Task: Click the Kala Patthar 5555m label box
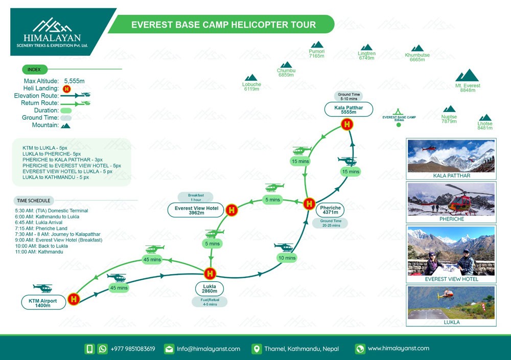pyautogui.click(x=349, y=109)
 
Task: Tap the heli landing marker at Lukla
pyautogui.click(x=210, y=274)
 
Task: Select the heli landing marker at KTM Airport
pyautogui.click(x=74, y=299)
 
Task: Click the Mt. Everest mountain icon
pyautogui.click(x=467, y=75)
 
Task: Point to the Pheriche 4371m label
pyautogui.click(x=330, y=210)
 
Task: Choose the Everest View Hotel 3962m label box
pyautogui.click(x=197, y=210)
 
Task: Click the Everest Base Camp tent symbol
pyautogui.click(x=398, y=112)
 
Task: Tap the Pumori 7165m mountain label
pyautogui.click(x=317, y=54)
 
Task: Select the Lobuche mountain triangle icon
pyautogui.click(x=251, y=78)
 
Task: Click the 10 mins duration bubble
pyautogui.click(x=287, y=258)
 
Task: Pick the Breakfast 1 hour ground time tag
pyautogui.click(x=196, y=197)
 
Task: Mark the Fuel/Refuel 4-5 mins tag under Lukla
pyautogui.click(x=210, y=302)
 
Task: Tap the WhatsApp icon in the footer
pyautogui.click(x=102, y=349)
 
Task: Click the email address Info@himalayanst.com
pyautogui.click(x=208, y=349)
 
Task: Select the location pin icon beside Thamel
pyautogui.click(x=257, y=349)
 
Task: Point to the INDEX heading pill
pyautogui.click(x=35, y=70)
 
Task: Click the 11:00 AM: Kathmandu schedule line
pyautogui.click(x=39, y=252)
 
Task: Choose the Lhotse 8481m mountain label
pyautogui.click(x=485, y=126)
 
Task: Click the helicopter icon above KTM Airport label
pyautogui.click(x=43, y=288)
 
